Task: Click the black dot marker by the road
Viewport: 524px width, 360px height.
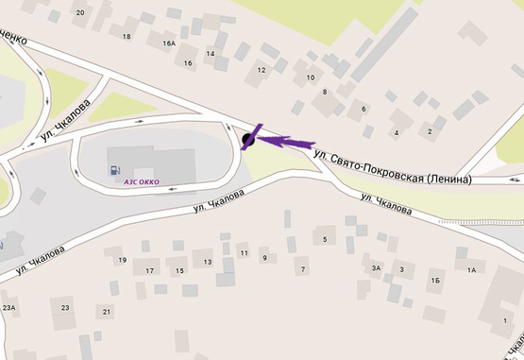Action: [248, 141]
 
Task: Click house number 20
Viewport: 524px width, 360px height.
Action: [79, 12]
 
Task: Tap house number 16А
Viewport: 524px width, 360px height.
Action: [169, 43]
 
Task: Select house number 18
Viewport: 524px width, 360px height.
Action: [127, 36]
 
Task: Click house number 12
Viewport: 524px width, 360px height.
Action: [262, 69]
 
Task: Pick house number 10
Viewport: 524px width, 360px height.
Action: [311, 77]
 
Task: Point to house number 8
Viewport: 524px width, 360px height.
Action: [325, 92]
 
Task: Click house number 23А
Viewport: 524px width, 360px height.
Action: [9, 307]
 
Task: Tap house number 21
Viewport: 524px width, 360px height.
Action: [107, 311]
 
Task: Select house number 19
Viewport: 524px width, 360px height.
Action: [121, 260]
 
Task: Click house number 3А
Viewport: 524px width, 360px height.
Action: [376, 268]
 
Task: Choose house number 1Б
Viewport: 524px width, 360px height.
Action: [435, 281]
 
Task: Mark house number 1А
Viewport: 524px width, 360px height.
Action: [472, 270]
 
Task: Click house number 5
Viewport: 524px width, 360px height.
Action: [325, 239]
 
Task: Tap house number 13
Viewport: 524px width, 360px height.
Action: [207, 261]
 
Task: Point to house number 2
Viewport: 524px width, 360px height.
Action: [429, 131]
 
